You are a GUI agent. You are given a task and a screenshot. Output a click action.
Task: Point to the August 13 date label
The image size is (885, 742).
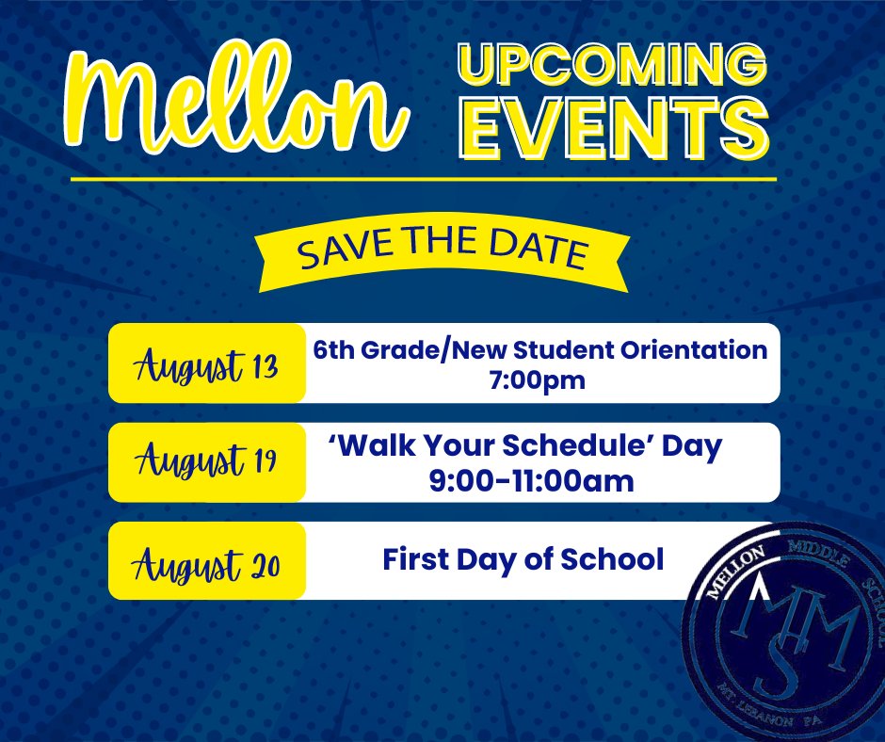click(x=207, y=363)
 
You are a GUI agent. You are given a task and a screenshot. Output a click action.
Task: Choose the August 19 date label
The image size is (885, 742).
click(x=207, y=462)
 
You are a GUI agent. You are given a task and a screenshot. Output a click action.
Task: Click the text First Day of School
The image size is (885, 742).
click(x=523, y=559)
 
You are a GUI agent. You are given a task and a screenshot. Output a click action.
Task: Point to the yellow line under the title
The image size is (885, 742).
click(x=424, y=179)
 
